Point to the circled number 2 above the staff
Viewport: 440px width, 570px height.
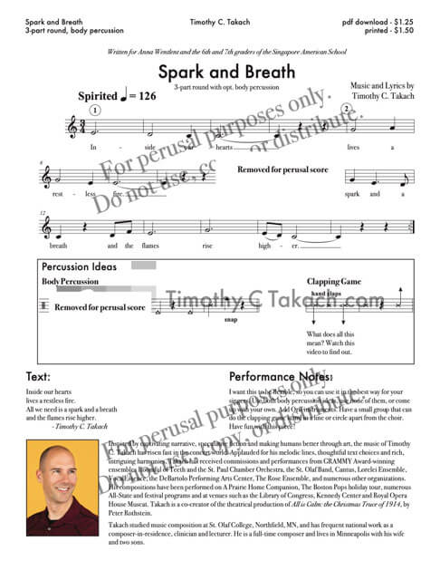346,109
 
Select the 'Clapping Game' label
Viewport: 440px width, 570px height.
335,281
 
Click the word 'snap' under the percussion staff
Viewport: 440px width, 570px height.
230,320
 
